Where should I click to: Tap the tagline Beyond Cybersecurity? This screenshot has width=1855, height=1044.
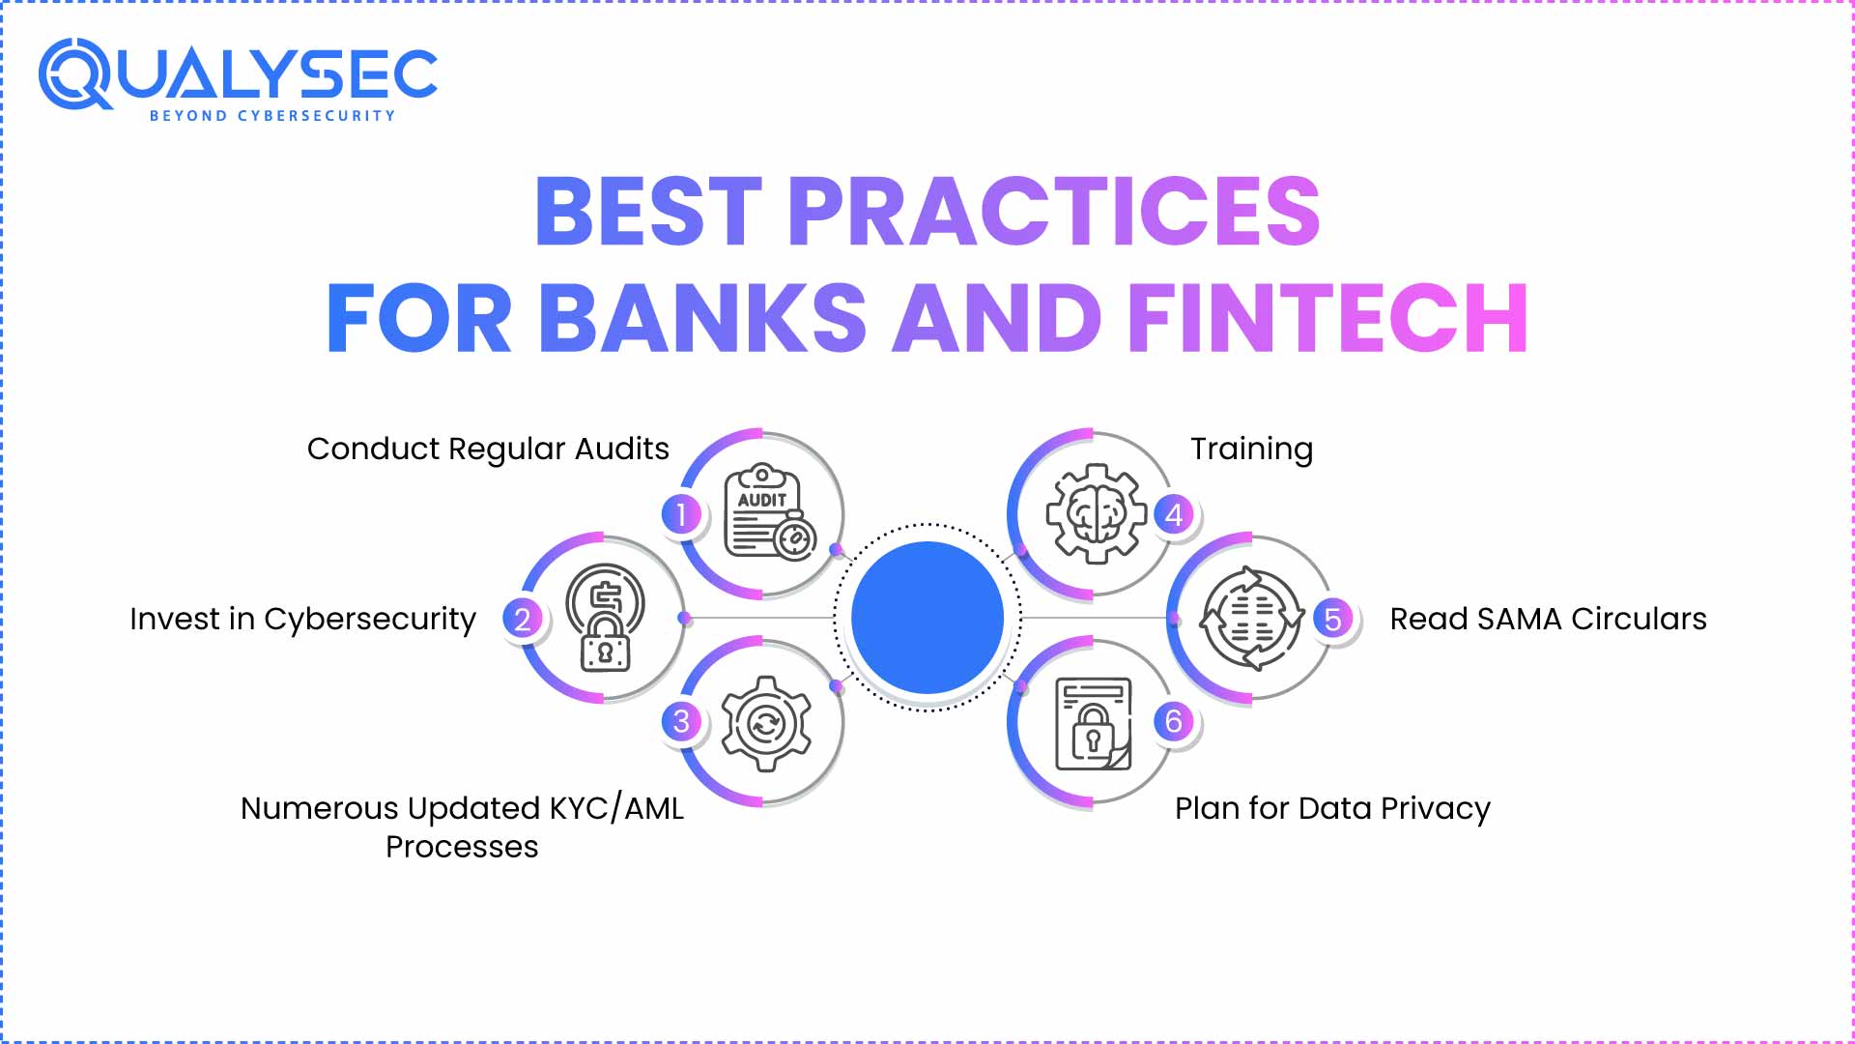(x=272, y=116)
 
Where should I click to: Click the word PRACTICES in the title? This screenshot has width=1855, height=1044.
(x=1054, y=211)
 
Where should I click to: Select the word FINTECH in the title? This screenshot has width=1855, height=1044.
(x=1327, y=318)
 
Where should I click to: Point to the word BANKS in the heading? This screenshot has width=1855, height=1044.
(x=702, y=318)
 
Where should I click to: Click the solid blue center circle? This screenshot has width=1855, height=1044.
(x=927, y=618)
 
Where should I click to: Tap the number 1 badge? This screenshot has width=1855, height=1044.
(x=681, y=514)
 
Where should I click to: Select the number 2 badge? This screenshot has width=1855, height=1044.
(x=523, y=619)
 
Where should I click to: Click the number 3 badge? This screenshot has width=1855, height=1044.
(x=681, y=721)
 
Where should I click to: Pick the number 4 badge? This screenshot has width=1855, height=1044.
(x=1174, y=514)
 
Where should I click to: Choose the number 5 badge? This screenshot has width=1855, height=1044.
(x=1332, y=619)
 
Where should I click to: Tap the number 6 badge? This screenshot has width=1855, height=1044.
(x=1174, y=721)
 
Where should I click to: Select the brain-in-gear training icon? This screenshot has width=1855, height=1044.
(x=1096, y=513)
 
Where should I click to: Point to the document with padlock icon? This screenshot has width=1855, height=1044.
(x=1094, y=724)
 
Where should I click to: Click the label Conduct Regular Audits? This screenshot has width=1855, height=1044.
(x=488, y=449)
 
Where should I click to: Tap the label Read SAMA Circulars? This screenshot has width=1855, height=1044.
(x=1548, y=619)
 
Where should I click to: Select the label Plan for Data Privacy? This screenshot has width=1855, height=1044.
(x=1332, y=808)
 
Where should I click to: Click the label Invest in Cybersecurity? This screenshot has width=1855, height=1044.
(x=302, y=620)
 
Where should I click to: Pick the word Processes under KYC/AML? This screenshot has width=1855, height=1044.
(x=462, y=847)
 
